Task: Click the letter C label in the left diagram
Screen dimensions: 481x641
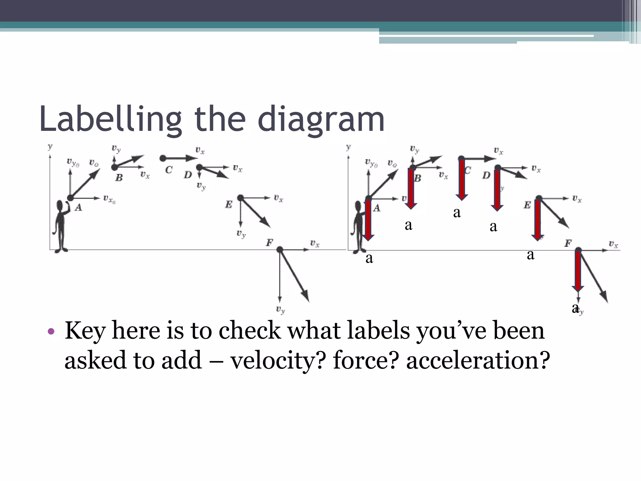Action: click(169, 170)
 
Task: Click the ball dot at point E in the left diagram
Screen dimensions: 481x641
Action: click(240, 198)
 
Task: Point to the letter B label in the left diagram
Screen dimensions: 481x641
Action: click(119, 178)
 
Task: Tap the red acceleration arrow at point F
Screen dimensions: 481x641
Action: click(578, 271)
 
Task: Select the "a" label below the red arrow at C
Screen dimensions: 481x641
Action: click(457, 213)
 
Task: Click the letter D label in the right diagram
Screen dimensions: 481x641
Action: click(486, 175)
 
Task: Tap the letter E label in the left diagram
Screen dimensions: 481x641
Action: click(229, 205)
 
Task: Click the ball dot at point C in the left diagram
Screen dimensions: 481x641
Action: click(163, 158)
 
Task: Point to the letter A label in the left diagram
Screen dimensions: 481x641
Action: click(78, 207)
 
